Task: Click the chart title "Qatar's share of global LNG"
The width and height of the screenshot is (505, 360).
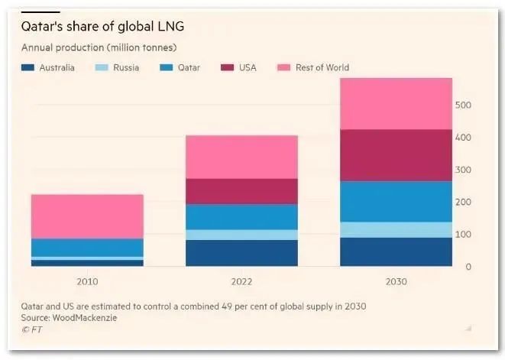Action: pos(102,28)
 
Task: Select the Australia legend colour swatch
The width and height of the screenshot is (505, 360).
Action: pos(28,68)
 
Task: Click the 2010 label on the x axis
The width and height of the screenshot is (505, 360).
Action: pos(87,281)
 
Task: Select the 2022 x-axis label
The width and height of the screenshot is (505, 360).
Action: pos(241,281)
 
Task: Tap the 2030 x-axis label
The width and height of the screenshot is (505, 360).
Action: pos(396,281)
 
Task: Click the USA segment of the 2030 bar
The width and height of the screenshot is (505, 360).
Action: pos(396,155)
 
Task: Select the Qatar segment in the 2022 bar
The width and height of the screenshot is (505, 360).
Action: pos(241,216)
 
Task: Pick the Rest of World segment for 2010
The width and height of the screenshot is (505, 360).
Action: pos(87,216)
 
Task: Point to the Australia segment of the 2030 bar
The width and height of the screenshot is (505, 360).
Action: pos(396,251)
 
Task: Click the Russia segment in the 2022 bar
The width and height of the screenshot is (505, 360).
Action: pos(241,235)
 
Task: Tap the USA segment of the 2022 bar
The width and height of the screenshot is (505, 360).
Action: pos(241,191)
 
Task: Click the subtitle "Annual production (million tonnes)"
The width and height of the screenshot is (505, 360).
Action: pos(99,48)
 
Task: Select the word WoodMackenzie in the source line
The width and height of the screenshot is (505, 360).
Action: pos(92,316)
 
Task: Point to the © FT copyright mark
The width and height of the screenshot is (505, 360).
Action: pos(31,329)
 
